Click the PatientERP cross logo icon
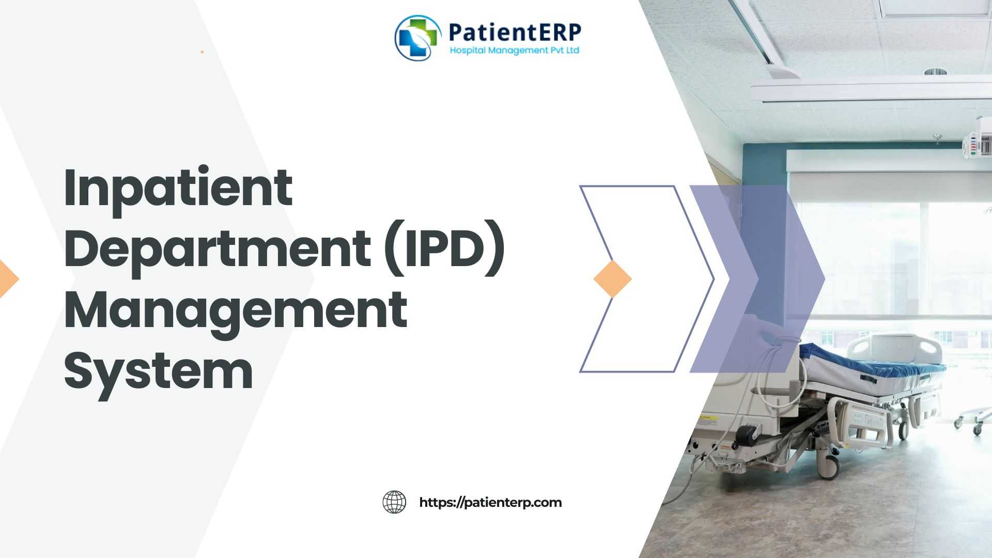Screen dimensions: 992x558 (x=418, y=38)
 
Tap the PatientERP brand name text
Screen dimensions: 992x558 (x=515, y=32)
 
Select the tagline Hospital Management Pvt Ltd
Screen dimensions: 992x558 (x=515, y=50)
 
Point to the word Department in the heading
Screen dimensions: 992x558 (x=218, y=249)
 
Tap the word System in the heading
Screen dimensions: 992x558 (x=159, y=371)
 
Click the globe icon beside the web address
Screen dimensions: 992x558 (x=394, y=502)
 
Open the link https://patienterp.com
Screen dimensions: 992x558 (x=490, y=503)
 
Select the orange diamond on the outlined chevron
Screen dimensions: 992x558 (x=613, y=279)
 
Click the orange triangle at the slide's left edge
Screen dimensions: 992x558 (x=9, y=279)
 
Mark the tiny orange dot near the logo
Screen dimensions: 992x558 (x=202, y=52)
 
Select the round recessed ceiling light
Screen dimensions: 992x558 (x=936, y=71)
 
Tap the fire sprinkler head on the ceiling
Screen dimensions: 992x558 (x=937, y=137)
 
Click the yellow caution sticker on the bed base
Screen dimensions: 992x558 (x=705, y=416)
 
